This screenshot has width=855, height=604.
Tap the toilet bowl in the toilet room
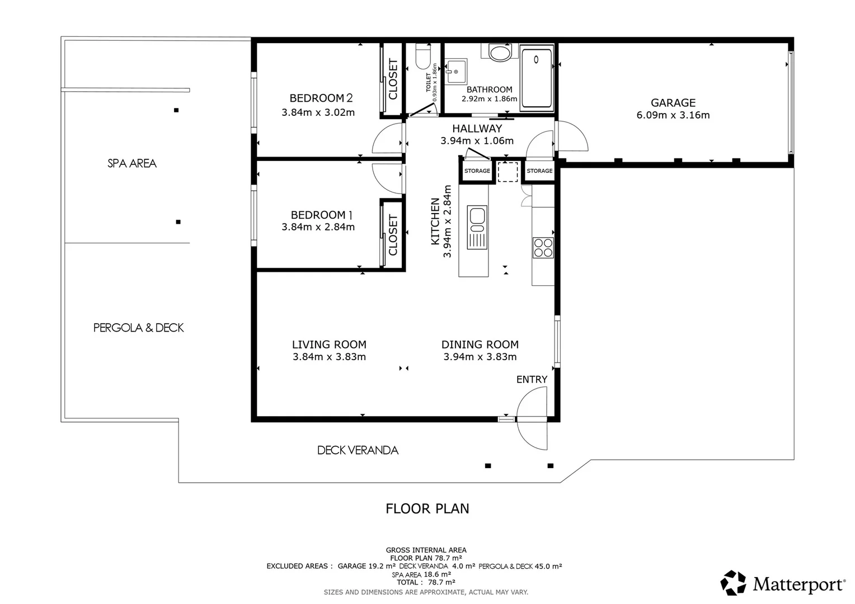(x=423, y=56)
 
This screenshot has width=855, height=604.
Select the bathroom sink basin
(x=456, y=72)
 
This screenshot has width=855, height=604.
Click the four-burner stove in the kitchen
(x=543, y=248)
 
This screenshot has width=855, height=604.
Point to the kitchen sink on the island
(x=477, y=228)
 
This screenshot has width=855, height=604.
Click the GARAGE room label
(x=673, y=103)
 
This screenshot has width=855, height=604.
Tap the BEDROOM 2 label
(x=321, y=98)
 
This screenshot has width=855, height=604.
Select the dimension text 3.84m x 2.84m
(x=318, y=226)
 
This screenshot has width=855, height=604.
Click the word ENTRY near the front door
(x=532, y=379)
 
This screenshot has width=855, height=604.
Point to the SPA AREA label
(x=131, y=163)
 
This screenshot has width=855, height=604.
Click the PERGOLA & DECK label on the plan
(x=139, y=328)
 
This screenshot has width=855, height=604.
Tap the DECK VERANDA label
(x=358, y=450)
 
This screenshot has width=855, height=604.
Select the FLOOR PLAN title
(x=427, y=508)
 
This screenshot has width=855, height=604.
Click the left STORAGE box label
(x=477, y=171)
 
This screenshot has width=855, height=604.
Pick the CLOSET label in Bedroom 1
(x=393, y=235)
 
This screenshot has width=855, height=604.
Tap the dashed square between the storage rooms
(x=508, y=172)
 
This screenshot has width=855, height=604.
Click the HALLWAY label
(x=477, y=129)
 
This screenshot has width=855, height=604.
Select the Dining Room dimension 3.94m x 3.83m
(x=480, y=357)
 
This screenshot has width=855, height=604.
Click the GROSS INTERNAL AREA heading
(x=426, y=550)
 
